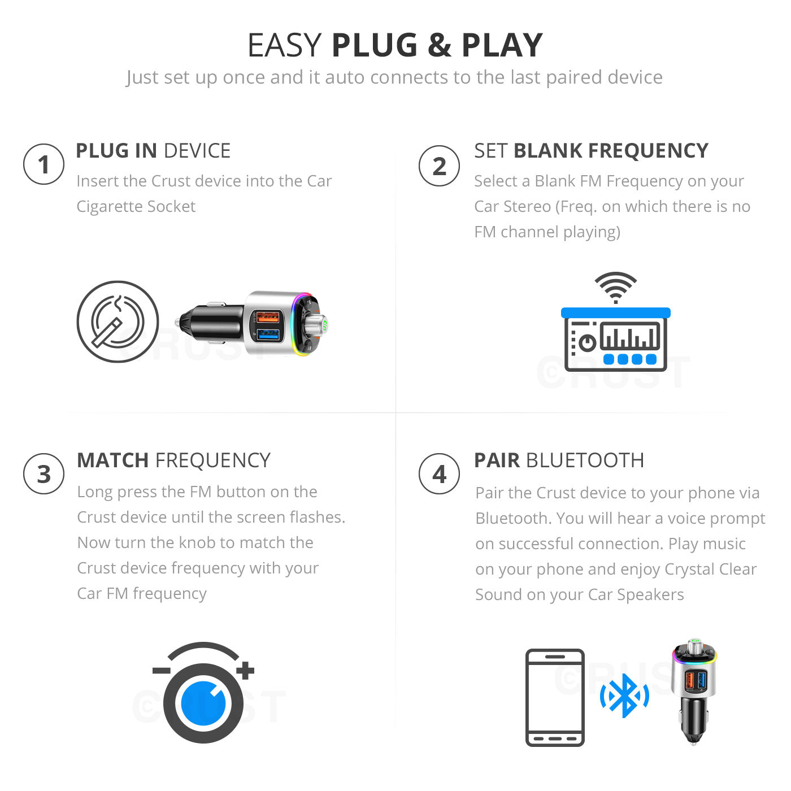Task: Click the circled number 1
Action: click(44, 164)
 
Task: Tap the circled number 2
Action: click(439, 166)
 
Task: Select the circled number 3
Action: click(44, 473)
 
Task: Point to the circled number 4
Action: click(439, 473)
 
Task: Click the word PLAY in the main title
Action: click(502, 45)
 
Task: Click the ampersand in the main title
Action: click(439, 45)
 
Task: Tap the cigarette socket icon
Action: click(118, 321)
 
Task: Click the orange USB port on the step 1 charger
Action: click(268, 318)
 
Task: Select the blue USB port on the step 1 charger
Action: click(268, 334)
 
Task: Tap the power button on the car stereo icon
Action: click(587, 343)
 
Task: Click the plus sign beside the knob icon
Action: click(245, 670)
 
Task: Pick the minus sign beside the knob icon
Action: click(162, 671)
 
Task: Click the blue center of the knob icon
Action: click(203, 703)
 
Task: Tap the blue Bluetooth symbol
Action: click(624, 696)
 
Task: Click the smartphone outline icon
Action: click(555, 697)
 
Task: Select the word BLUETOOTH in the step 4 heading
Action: click(585, 460)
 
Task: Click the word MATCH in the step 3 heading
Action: click(113, 460)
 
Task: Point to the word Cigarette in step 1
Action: click(109, 206)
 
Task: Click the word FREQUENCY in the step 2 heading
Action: click(611, 151)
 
